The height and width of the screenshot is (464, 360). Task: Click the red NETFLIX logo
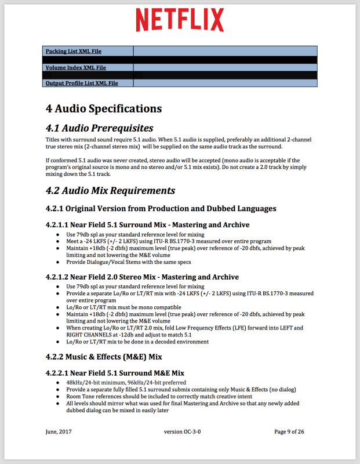coord(180,20)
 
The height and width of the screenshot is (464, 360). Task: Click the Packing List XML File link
coord(74,52)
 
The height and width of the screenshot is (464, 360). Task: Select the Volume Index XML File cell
coord(76,68)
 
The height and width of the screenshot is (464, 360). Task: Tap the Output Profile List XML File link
coord(82,84)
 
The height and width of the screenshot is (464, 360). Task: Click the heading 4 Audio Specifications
coord(104,108)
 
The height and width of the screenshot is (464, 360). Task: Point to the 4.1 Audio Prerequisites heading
coord(99,128)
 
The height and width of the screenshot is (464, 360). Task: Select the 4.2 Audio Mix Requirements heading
coord(110,190)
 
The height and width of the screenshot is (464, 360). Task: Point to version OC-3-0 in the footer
coord(180,432)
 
